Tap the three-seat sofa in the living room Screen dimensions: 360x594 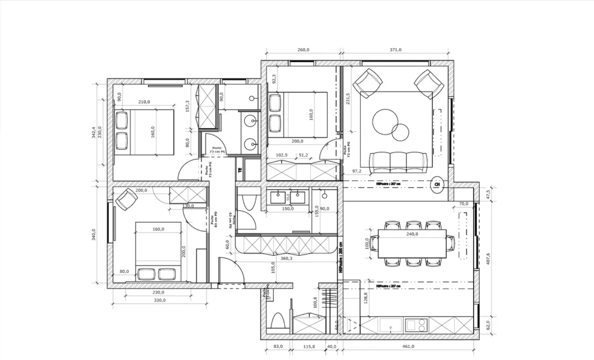(x=398, y=160)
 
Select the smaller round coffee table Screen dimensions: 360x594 (x=400, y=132)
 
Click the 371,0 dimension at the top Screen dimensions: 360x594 (x=396, y=50)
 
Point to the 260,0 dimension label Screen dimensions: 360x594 (x=303, y=50)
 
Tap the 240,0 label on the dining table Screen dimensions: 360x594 (x=412, y=235)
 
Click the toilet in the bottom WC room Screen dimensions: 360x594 (x=278, y=322)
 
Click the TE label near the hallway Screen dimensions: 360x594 (x=240, y=170)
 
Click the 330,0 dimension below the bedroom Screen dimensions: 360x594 (x=160, y=300)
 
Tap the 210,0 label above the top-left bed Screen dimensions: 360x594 (x=144, y=102)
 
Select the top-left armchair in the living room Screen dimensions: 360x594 (x=368, y=83)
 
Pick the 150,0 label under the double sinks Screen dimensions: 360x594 (x=287, y=209)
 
